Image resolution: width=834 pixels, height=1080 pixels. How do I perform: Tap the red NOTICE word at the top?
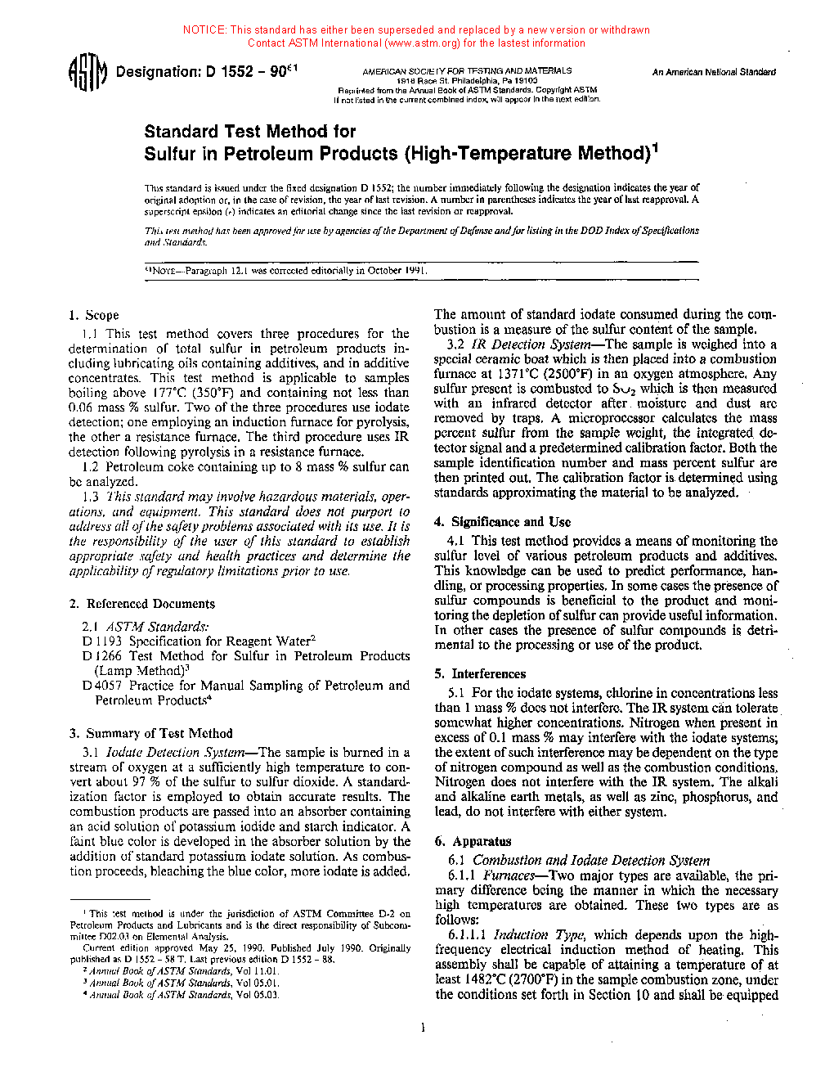tap(204, 30)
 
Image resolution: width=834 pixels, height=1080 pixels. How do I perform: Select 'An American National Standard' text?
tap(714, 72)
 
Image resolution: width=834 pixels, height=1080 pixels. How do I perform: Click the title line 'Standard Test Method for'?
tap(250, 132)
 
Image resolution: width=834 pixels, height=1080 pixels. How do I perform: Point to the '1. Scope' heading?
tap(94, 315)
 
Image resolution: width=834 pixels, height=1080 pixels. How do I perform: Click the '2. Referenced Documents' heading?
tap(142, 604)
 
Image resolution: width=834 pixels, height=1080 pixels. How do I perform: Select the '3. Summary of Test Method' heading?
tap(151, 733)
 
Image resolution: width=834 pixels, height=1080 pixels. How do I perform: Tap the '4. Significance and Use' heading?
tap(503, 522)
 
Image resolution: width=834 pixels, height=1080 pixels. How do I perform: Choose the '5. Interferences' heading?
tap(480, 674)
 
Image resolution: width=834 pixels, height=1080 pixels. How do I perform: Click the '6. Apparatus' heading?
tap(473, 841)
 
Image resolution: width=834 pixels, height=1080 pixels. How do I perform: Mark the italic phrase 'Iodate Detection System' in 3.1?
tap(176, 753)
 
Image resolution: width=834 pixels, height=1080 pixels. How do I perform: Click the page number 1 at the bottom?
tap(423, 1028)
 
